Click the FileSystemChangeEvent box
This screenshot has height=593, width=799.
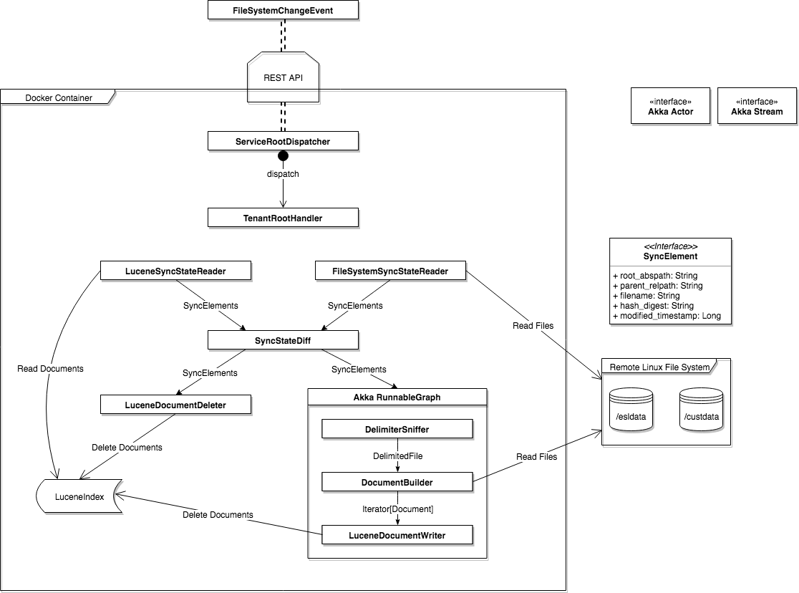coord(283,10)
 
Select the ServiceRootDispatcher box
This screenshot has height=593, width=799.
coord(283,141)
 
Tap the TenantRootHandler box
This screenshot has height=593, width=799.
coord(283,218)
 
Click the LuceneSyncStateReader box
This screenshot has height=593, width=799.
coord(175,270)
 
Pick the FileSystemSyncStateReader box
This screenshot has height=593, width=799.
coord(390,271)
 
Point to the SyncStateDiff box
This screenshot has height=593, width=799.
coord(283,340)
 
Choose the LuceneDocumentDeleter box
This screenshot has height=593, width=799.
coord(175,405)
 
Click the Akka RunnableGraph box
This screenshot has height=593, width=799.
coord(397,397)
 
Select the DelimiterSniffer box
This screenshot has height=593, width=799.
coord(397,429)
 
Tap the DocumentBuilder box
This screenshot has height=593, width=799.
coord(397,482)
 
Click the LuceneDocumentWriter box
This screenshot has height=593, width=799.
coord(397,535)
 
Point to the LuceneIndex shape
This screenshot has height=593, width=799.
coord(79,496)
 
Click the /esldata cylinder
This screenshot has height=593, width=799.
coord(631,410)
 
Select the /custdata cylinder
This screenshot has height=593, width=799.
coord(701,410)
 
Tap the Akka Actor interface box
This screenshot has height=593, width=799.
coord(670,106)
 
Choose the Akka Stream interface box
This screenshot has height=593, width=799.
coord(757,106)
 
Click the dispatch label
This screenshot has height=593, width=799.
coord(283,173)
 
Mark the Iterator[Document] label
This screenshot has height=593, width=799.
coord(397,508)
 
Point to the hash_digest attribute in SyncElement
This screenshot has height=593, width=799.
coord(651,306)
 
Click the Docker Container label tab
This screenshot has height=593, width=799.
coord(58,97)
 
